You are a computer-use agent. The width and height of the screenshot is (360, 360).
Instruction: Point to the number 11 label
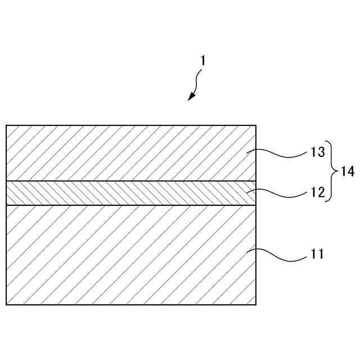pos(317,254)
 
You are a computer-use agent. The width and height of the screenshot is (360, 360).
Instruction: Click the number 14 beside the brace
pos(348,172)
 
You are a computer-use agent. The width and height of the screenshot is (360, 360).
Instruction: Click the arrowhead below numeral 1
pos(191,97)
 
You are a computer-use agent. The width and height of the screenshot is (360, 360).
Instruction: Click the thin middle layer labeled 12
pos(129,193)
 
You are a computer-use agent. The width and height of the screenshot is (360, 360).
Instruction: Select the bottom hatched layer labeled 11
pos(129,255)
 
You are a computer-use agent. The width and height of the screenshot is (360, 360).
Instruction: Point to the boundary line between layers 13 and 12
pos(129,181)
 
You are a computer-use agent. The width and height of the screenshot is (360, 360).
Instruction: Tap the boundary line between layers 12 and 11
pos(129,205)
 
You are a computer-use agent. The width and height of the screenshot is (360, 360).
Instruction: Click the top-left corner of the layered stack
pos(6,125)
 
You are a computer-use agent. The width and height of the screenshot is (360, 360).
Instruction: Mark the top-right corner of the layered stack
pos(256,125)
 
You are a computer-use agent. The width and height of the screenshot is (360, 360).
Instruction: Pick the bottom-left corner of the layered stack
pos(6,305)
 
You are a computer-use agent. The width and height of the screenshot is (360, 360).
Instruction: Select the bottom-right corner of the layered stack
pos(256,305)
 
